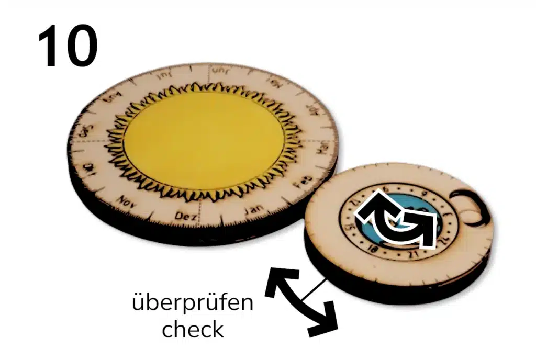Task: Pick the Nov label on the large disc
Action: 127,200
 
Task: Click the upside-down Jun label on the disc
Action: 216,71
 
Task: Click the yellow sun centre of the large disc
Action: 204,141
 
